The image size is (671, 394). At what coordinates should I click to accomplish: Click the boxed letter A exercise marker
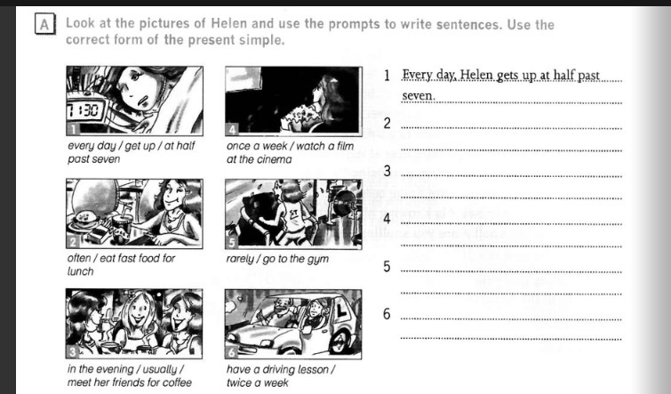(44, 25)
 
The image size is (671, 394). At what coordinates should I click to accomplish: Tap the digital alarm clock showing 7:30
(85, 113)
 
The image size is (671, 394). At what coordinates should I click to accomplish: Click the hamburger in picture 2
(86, 220)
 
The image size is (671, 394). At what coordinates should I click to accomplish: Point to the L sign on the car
(341, 312)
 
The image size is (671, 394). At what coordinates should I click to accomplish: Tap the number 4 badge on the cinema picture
(231, 129)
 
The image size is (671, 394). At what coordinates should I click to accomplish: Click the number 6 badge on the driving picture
(231, 352)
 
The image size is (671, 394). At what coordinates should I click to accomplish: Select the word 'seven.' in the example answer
(419, 96)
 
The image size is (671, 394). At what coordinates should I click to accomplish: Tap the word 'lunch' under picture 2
(81, 271)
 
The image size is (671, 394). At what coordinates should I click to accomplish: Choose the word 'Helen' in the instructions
(229, 23)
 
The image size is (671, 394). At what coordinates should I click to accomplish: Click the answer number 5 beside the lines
(387, 267)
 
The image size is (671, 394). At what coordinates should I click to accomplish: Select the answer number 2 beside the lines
(387, 124)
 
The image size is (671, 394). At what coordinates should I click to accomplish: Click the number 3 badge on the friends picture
(72, 352)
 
